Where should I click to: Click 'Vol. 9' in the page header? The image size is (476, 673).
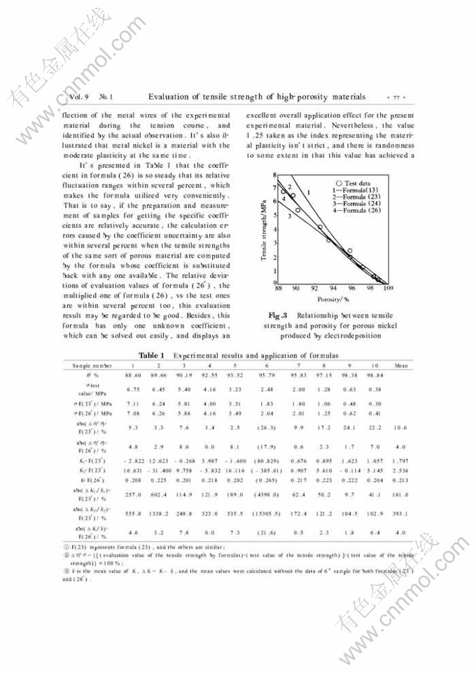pyautogui.click(x=76, y=96)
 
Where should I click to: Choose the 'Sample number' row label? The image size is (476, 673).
pyautogui.click(x=93, y=366)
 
